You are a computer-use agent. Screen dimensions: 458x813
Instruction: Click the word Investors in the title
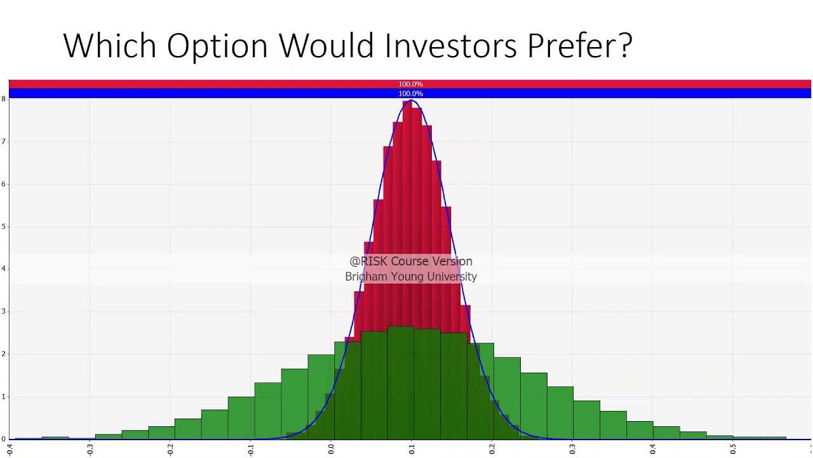pos(451,46)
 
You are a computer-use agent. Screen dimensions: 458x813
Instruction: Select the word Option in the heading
pos(217,46)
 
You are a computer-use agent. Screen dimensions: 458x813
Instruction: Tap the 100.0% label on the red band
pos(410,84)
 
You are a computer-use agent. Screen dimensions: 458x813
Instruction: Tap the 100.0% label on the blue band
pos(410,94)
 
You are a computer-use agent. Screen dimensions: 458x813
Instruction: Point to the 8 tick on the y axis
pos(4,99)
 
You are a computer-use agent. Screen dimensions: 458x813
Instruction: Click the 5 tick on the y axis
pos(4,226)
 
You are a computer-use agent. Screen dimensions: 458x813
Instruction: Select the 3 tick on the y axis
pos(4,312)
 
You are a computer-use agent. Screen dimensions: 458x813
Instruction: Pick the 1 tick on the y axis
pos(4,397)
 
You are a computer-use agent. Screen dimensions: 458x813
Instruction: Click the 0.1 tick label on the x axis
pos(412,449)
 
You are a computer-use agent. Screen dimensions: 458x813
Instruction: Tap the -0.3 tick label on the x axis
pos(90,449)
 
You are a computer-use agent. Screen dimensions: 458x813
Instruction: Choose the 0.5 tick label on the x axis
pos(733,449)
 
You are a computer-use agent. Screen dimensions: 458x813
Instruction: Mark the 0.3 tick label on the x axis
pos(572,449)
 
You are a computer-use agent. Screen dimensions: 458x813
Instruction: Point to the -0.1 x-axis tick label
pos(251,449)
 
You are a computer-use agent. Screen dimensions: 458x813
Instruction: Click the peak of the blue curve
pos(412,101)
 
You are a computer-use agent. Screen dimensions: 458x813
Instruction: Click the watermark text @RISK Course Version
pos(411,261)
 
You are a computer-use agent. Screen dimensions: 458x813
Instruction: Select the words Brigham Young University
pos(411,277)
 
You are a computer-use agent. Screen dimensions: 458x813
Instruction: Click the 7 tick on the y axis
pos(4,141)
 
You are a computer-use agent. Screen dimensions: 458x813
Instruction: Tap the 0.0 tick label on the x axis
pos(331,449)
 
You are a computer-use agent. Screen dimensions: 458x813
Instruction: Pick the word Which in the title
pos(109,46)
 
